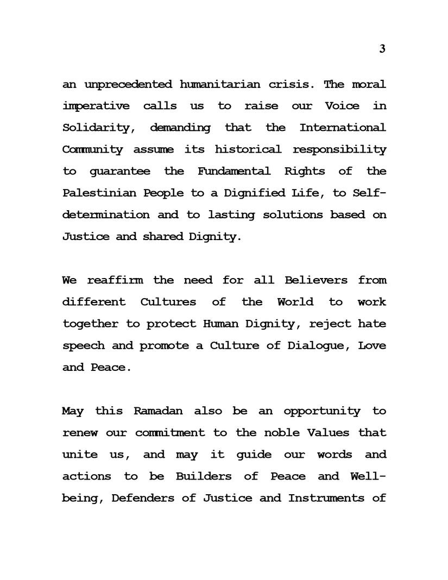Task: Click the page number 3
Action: tap(382, 49)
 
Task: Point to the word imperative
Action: tap(96, 106)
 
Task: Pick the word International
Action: tap(343, 128)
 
